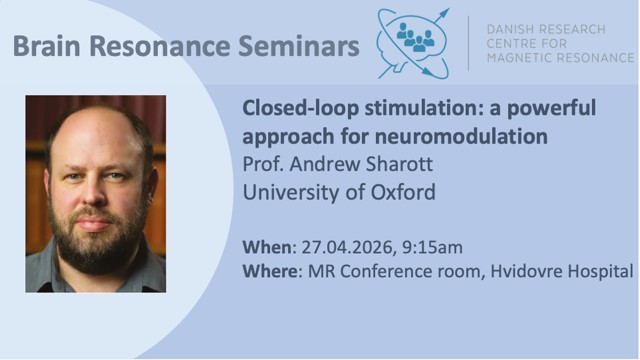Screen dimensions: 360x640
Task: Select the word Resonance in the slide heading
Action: point(154,46)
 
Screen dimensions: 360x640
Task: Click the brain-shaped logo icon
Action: point(414,44)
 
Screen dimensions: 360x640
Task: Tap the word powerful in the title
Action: point(548,109)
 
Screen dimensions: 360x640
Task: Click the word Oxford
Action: point(399,190)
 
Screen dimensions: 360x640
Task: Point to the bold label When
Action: point(268,246)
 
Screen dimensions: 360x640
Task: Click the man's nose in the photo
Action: point(96,190)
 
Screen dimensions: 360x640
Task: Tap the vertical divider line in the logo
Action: point(469,43)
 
